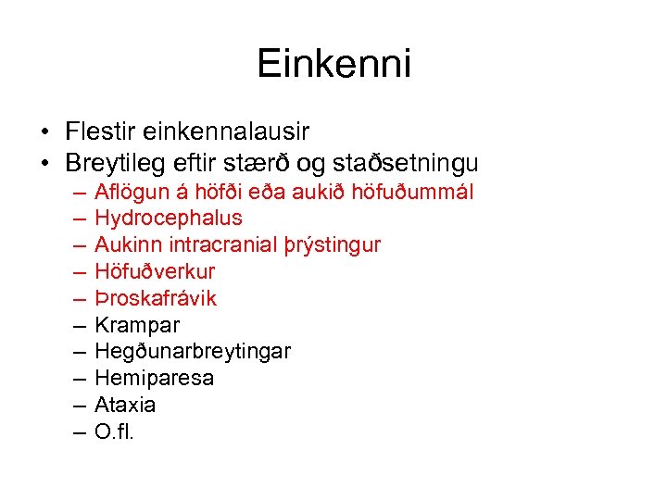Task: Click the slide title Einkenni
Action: pyautogui.click(x=333, y=64)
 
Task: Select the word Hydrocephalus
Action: pyautogui.click(x=169, y=219)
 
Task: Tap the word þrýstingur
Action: pyautogui.click(x=334, y=245)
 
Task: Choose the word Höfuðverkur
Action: pyautogui.click(x=155, y=271)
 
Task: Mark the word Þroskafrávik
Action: pyautogui.click(x=156, y=298)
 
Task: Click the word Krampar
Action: pyautogui.click(x=137, y=325)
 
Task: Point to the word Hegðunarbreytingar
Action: pyautogui.click(x=193, y=352)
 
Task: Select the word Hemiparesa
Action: pyautogui.click(x=154, y=378)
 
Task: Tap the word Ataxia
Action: pyautogui.click(x=125, y=405)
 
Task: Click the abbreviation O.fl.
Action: pyautogui.click(x=115, y=431)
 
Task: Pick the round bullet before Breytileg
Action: pyautogui.click(x=45, y=165)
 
